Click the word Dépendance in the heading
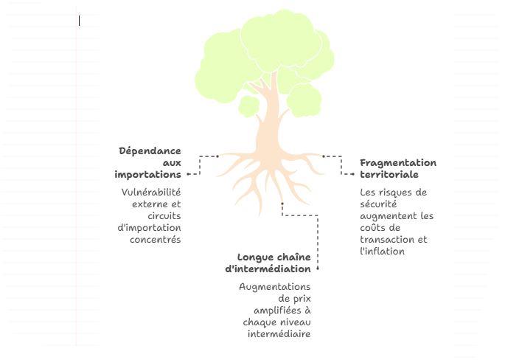150,151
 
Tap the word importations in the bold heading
147,175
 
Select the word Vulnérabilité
151,193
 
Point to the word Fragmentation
398,163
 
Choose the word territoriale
389,175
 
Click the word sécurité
378,204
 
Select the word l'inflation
382,252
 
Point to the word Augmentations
275,287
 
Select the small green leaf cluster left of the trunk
248,106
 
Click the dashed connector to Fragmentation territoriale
341,164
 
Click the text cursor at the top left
80,21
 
